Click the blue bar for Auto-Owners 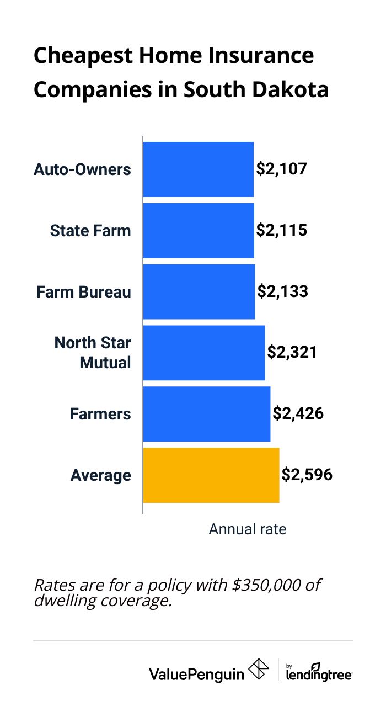198,169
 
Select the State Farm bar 199,230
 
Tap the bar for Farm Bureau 199,291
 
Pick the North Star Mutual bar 204,353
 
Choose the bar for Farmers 207,414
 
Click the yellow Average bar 211,475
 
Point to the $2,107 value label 281,169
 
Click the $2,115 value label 281,230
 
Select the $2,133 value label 282,291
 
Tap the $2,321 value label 292,353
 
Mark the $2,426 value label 298,414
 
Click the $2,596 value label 307,475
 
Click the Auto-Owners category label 83,169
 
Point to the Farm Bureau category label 84,292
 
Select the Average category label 101,476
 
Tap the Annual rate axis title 248,529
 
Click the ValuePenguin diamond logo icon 259,670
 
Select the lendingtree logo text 319,673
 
